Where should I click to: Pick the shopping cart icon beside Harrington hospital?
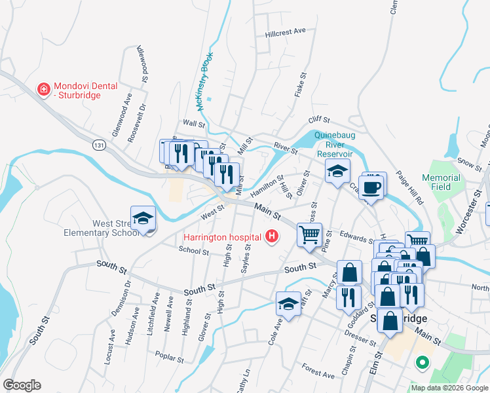(x=309, y=234)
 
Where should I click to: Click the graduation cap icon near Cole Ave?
(x=288, y=304)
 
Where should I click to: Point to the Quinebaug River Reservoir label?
(x=339, y=144)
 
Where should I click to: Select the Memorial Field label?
(x=441, y=182)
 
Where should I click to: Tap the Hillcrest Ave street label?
(x=286, y=31)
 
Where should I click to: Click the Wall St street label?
(x=194, y=123)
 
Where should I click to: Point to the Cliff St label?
(x=319, y=120)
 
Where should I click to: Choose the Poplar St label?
(x=168, y=354)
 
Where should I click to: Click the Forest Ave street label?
(x=319, y=371)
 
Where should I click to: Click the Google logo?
(x=22, y=385)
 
